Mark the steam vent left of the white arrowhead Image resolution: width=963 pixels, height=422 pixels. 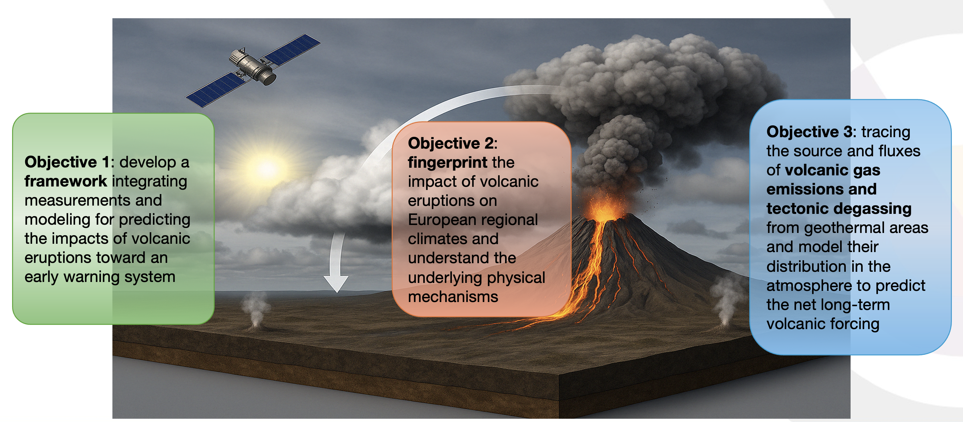pyautogui.click(x=256, y=310)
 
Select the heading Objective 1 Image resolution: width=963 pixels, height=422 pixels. pyautogui.click(x=67, y=162)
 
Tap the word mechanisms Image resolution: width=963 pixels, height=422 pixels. pyautogui.click(x=453, y=297)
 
